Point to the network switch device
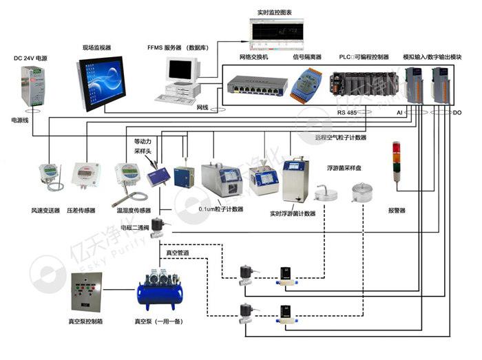[256, 88]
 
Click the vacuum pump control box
[88, 293]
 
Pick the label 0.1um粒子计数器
[220, 209]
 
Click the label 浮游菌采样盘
[344, 167]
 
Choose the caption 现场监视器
[97, 47]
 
